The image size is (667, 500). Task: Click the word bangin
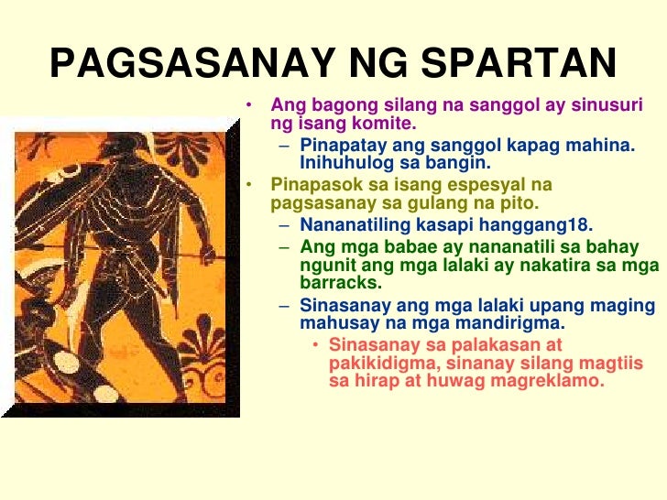[463, 164]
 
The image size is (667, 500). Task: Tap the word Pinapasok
[312, 184]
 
